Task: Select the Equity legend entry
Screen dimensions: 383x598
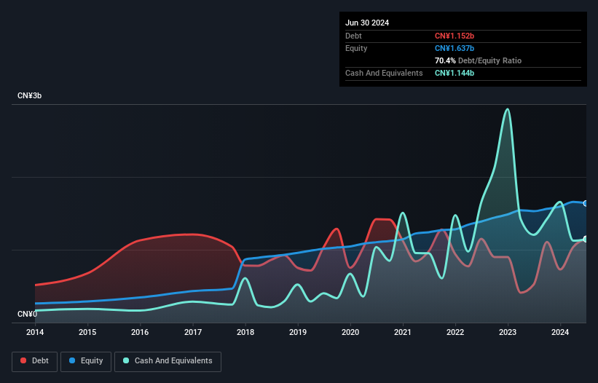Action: click(x=86, y=361)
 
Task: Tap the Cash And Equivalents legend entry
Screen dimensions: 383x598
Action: click(x=168, y=361)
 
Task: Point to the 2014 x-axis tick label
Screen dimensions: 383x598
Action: click(x=35, y=333)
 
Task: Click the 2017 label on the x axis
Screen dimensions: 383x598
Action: click(x=193, y=333)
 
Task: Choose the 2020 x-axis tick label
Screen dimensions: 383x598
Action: click(x=350, y=333)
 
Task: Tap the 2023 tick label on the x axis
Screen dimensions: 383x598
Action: click(x=508, y=333)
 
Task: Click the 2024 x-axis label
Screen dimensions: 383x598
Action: click(x=560, y=333)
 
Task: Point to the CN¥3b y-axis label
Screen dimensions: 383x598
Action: click(x=33, y=96)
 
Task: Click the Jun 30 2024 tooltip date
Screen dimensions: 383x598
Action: click(x=367, y=23)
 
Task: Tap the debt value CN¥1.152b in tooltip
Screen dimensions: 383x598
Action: click(x=455, y=36)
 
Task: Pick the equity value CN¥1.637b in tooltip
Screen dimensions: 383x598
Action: click(x=455, y=48)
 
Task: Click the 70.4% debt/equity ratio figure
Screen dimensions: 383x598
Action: click(x=446, y=60)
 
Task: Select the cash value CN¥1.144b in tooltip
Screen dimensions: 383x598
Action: click(x=455, y=73)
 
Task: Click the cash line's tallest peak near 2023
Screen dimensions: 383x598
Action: click(x=508, y=109)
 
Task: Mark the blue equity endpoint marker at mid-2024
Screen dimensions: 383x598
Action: click(x=586, y=203)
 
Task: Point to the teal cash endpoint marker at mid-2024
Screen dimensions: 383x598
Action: click(x=586, y=239)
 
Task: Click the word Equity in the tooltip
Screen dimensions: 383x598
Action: click(x=356, y=48)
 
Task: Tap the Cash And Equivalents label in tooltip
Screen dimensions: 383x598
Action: click(x=384, y=73)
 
